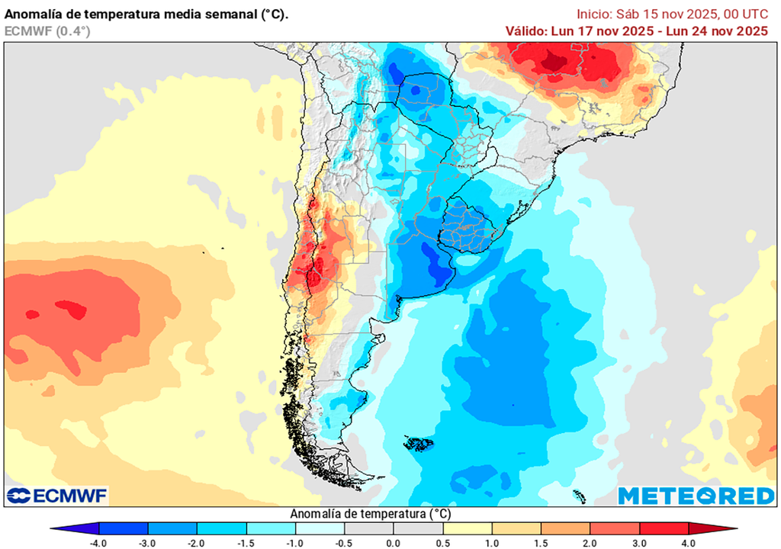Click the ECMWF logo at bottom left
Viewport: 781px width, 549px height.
tap(57, 496)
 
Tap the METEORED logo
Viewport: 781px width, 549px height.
tap(696, 496)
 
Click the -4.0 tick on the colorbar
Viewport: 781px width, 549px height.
tap(98, 543)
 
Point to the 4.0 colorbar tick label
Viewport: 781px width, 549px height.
tap(689, 543)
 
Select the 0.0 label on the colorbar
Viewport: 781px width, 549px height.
tap(394, 543)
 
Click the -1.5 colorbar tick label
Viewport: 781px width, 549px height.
tap(246, 543)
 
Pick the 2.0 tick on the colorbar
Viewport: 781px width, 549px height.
tap(590, 543)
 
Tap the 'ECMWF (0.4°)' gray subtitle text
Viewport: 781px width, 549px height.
tap(47, 31)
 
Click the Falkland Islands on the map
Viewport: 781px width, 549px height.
tap(419, 443)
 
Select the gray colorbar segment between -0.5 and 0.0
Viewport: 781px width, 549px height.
tap(369, 528)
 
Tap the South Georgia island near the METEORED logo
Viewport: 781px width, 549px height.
tap(579, 496)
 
